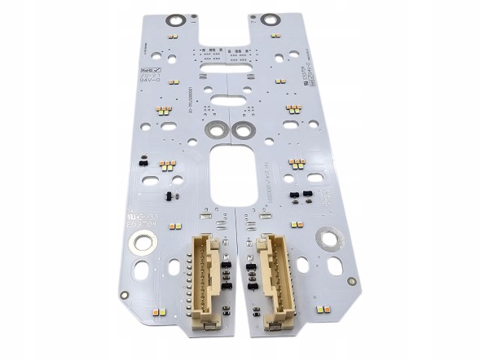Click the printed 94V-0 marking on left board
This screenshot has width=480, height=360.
tap(151, 81)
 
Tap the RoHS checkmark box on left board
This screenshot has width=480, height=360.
tap(152, 69)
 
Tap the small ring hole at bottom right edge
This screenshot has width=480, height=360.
tap(351, 281)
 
